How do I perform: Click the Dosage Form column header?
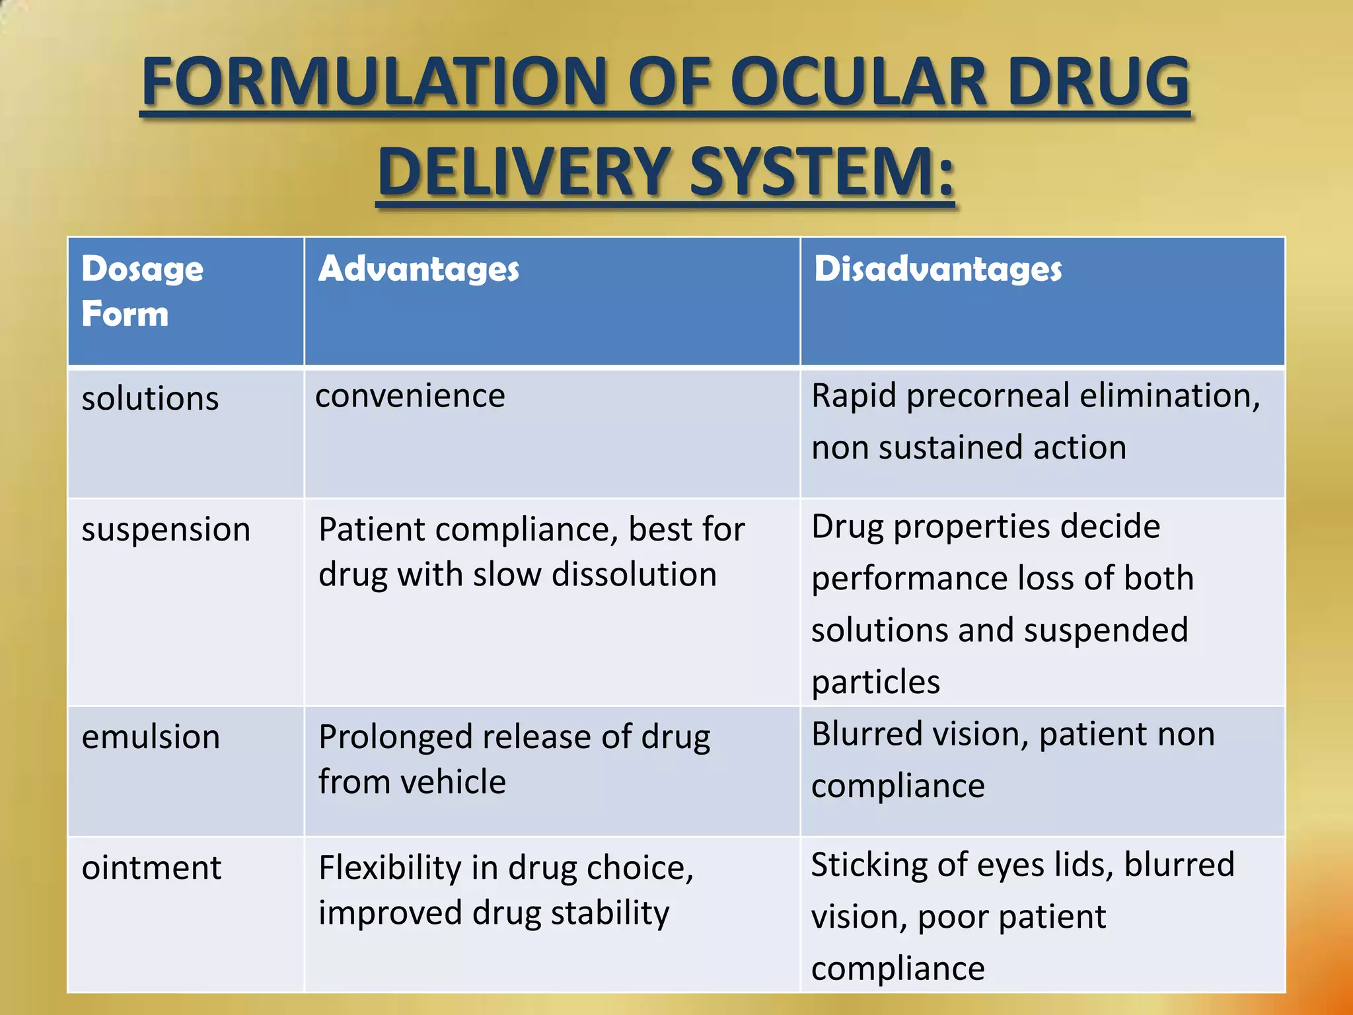pyautogui.click(x=142, y=291)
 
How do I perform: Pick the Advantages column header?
pyautogui.click(x=419, y=269)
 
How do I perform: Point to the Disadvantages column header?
pyautogui.click(x=937, y=269)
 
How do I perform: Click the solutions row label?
pyautogui.click(x=150, y=398)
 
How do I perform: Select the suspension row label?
pyautogui.click(x=166, y=529)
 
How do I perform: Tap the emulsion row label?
pyautogui.click(x=151, y=737)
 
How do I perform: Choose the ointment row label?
pyautogui.click(x=151, y=868)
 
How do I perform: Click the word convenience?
pyautogui.click(x=410, y=396)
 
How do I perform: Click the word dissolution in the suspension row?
pyautogui.click(x=634, y=574)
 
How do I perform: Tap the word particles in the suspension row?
pyautogui.click(x=875, y=682)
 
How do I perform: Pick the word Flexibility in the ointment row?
pyautogui.click(x=390, y=868)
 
